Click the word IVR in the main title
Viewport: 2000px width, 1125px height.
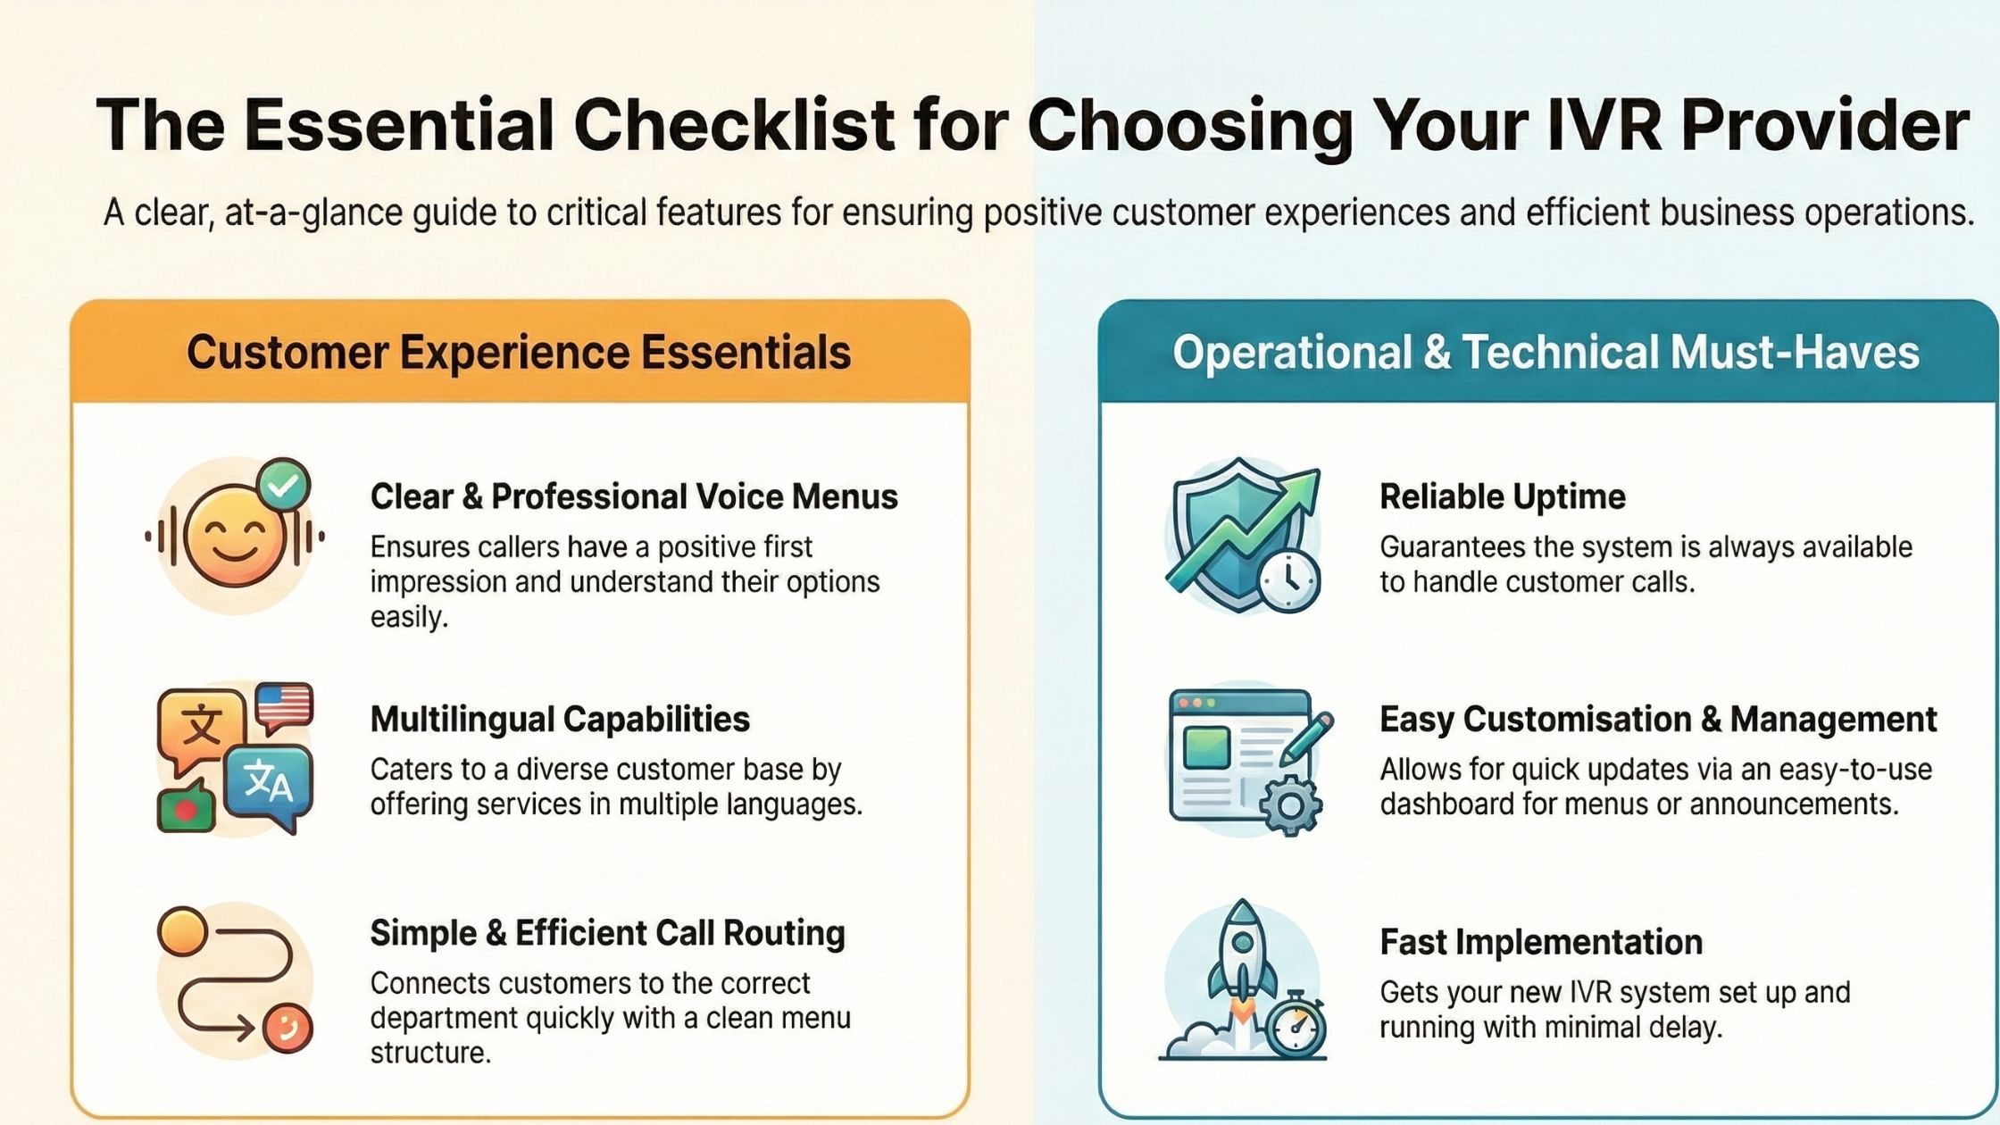(1599, 125)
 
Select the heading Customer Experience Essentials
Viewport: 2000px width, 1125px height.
(518, 352)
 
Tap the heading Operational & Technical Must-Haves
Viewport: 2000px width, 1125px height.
(1546, 352)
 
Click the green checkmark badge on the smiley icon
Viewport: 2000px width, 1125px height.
(283, 487)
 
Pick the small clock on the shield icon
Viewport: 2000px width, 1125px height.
(1289, 581)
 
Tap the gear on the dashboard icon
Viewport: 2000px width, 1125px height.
(1290, 806)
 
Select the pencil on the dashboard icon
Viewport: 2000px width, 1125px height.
(1306, 739)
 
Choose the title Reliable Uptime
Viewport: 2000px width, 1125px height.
(1503, 496)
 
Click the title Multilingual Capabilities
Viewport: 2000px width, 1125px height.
(560, 719)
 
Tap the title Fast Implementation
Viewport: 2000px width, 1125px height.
(1541, 942)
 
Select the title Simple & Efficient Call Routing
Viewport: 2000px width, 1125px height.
(607, 933)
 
